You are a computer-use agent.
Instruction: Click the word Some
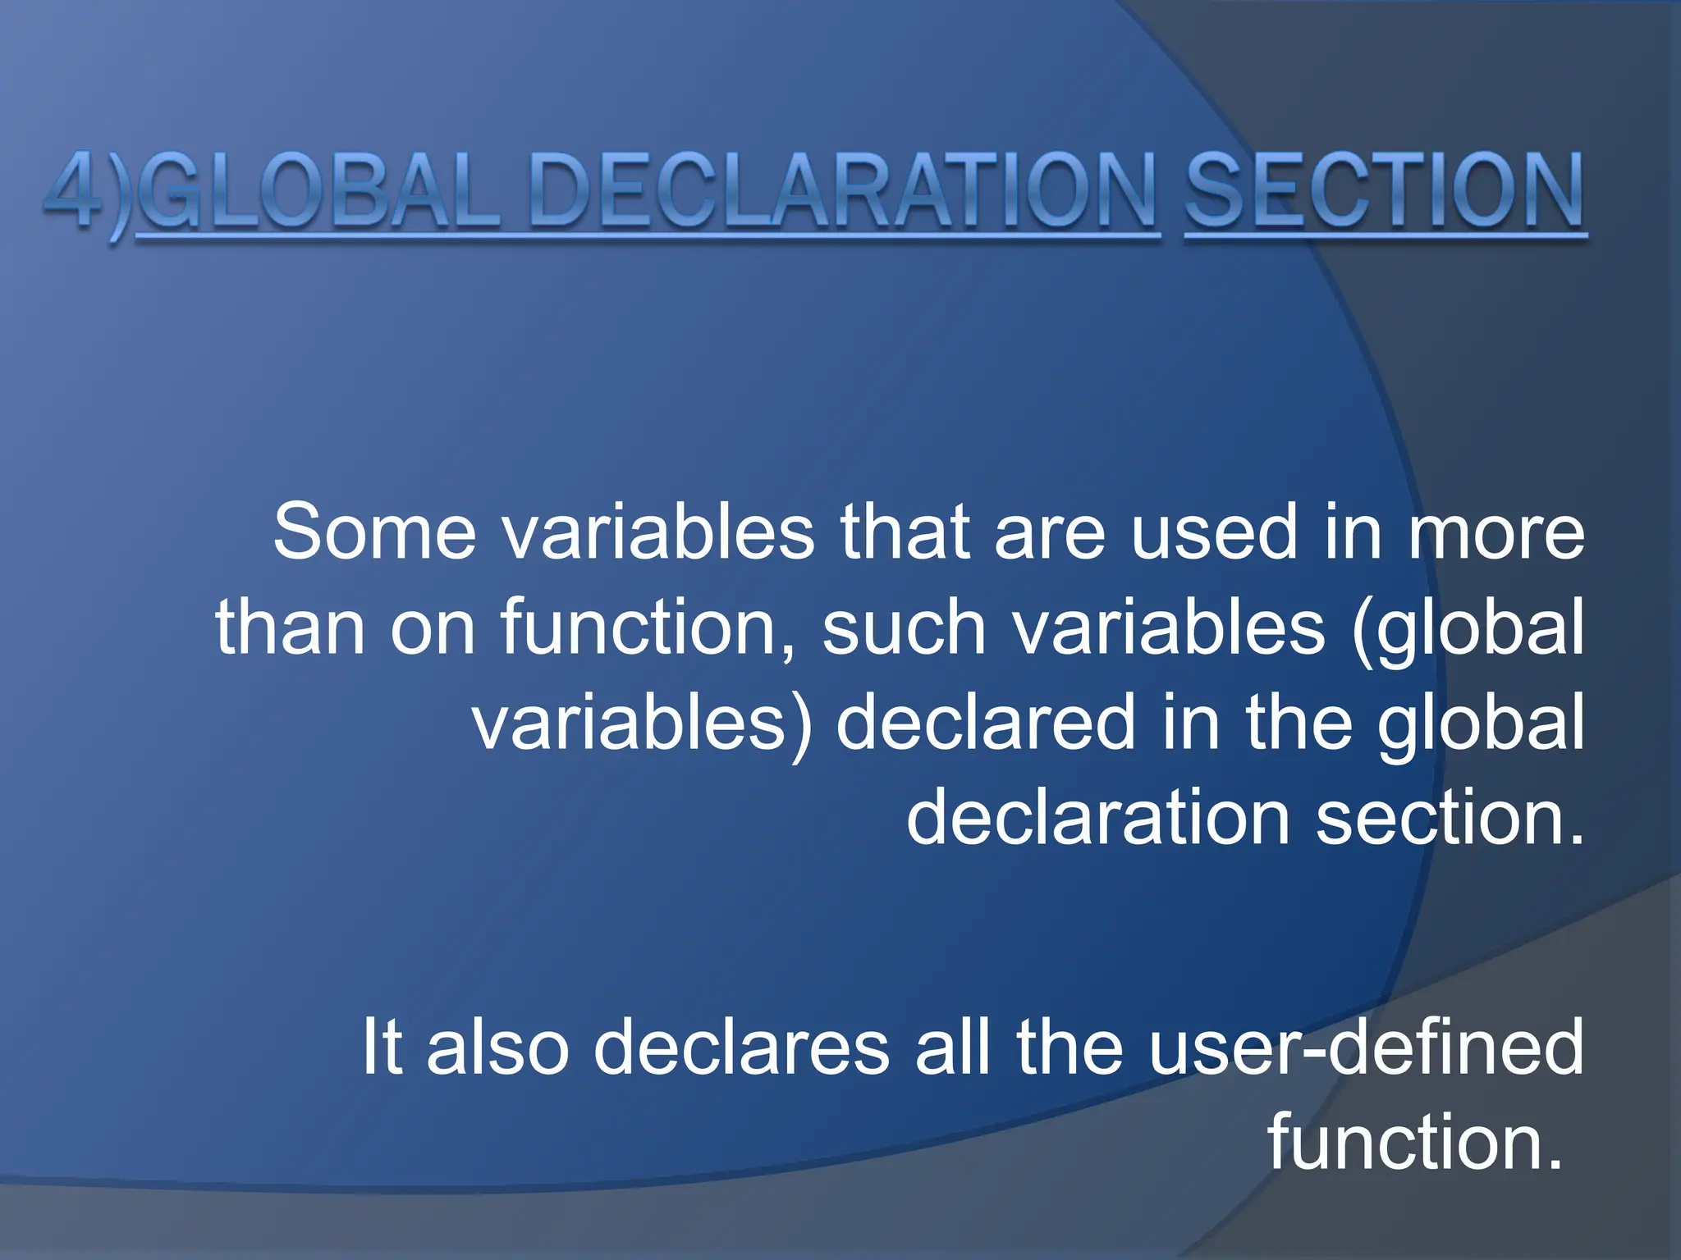pyautogui.click(x=374, y=533)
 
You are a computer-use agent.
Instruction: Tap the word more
pyautogui.click(x=1495, y=533)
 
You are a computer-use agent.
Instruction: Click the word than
pyautogui.click(x=290, y=628)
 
